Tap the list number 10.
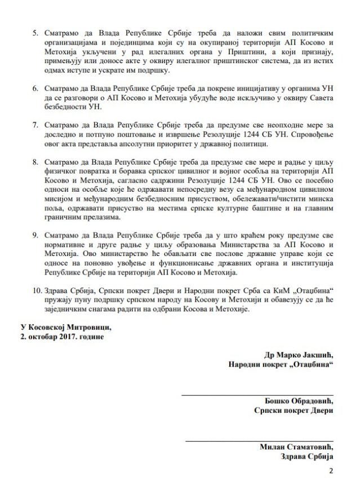[x=37, y=290]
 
